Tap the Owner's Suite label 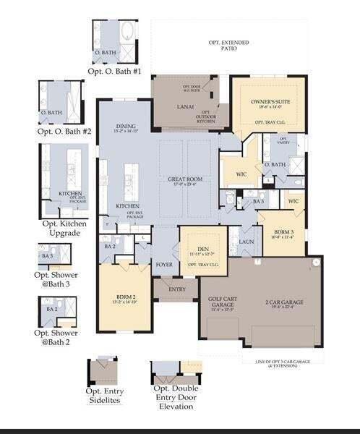[265, 103]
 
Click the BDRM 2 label [127, 296]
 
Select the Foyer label [164, 265]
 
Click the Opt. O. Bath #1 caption [115, 72]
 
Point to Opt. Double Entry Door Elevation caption [176, 399]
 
